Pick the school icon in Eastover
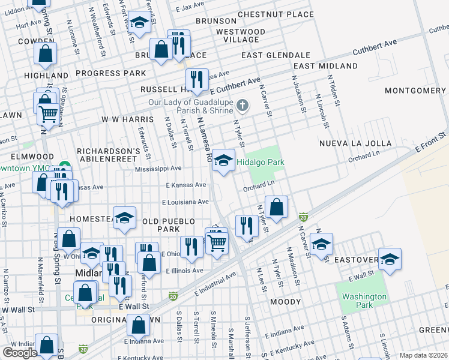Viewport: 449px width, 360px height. pos(390,259)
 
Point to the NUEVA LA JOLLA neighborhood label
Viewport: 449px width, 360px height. pos(355,143)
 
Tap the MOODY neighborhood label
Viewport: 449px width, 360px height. pos(285,301)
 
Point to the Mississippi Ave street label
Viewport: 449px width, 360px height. pos(160,169)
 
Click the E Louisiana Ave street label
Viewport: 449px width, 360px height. pos(186,202)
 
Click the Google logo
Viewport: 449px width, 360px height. pos(20,352)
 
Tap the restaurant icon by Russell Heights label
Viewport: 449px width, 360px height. pos(196,79)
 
